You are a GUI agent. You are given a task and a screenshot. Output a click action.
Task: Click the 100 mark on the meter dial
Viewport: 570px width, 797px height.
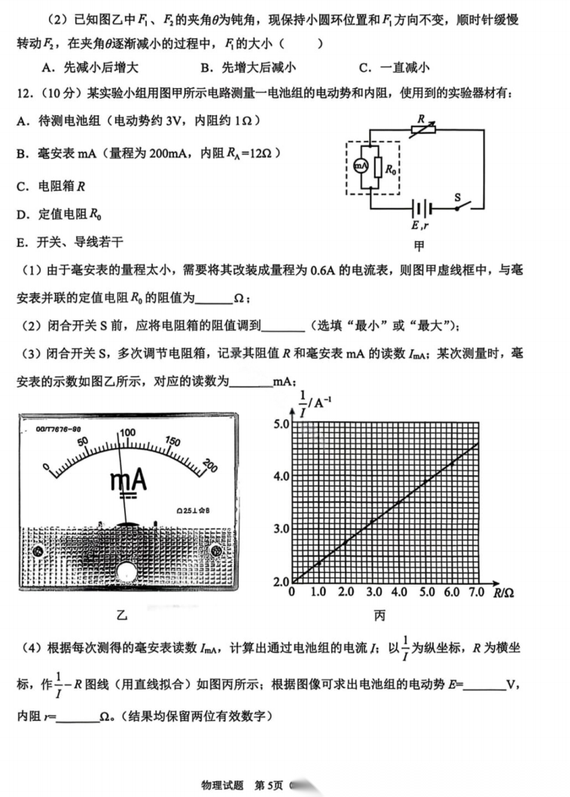click(x=126, y=432)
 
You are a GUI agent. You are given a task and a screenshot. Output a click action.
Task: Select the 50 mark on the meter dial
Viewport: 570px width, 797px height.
click(x=83, y=441)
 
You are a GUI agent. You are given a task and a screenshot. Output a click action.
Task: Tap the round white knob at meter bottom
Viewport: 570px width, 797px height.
click(x=126, y=572)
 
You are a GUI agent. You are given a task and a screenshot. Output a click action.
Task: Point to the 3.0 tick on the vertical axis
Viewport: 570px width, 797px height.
click(x=280, y=529)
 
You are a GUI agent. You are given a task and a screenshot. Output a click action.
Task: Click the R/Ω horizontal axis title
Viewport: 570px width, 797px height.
click(x=504, y=594)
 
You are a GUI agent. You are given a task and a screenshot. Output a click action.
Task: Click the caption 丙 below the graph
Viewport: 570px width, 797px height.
click(x=379, y=616)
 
